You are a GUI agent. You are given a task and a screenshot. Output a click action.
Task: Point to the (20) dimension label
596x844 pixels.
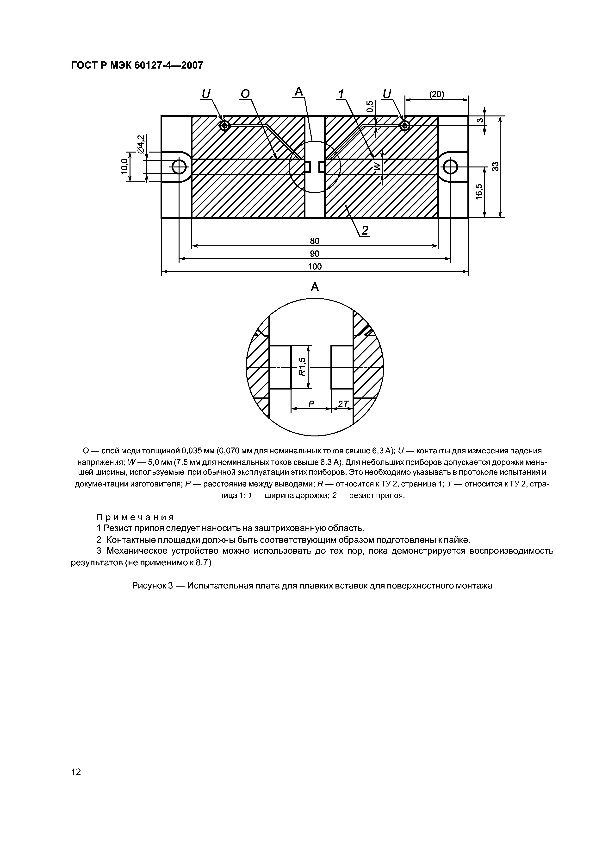point(437,95)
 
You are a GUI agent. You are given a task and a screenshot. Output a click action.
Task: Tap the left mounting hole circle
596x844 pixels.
point(179,167)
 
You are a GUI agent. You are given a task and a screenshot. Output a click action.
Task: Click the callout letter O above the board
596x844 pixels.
point(245,95)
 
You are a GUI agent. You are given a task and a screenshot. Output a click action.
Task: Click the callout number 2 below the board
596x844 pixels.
point(364,230)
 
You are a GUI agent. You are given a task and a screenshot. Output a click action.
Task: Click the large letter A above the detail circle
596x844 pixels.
point(315,287)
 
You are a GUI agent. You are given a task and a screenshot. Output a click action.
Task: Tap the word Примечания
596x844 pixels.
point(135,517)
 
